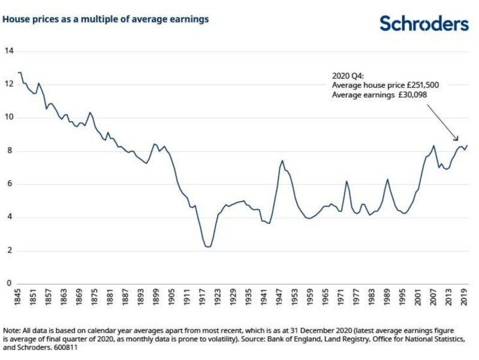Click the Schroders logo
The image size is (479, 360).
424,23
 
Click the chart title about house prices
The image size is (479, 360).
106,19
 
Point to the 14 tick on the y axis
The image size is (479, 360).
8,50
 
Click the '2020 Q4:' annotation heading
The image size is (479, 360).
347,76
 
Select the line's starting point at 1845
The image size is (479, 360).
19,73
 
